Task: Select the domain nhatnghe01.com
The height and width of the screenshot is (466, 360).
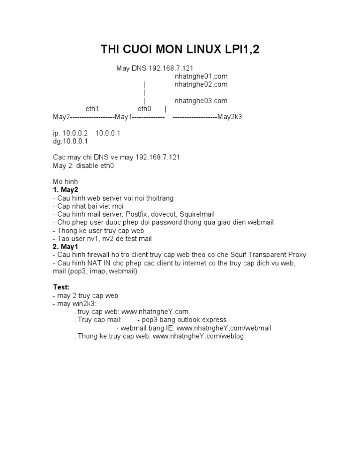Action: point(201,76)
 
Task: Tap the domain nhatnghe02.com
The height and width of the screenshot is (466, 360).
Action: point(201,84)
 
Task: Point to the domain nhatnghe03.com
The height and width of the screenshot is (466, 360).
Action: point(201,100)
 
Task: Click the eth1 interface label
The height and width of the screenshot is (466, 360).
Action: point(92,108)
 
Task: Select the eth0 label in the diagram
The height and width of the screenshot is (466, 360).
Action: point(144,108)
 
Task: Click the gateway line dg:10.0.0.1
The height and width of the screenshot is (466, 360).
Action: point(70,141)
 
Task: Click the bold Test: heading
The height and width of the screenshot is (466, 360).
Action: point(61,286)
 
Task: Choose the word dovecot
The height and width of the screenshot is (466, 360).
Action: point(163,214)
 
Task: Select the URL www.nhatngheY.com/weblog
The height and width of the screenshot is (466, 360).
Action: point(198,336)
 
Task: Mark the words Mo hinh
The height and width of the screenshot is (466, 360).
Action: point(66,181)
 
